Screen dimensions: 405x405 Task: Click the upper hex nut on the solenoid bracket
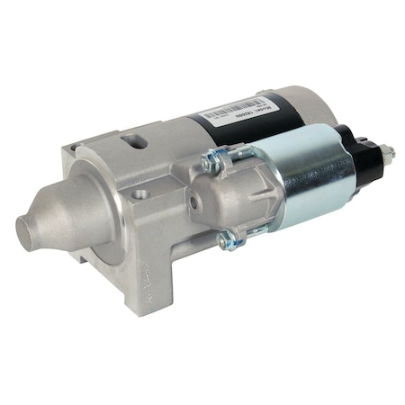click(212, 162)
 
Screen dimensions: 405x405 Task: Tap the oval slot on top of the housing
click(136, 142)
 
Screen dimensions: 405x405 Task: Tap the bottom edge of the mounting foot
click(135, 310)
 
